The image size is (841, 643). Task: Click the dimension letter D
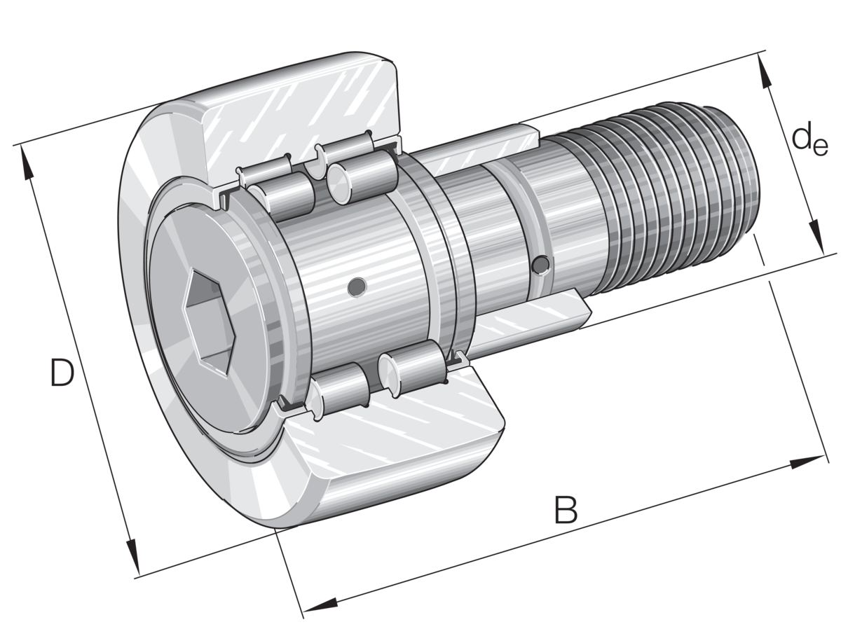[x=62, y=372]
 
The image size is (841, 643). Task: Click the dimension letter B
[x=566, y=509]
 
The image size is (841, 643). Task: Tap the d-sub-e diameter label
[x=809, y=141]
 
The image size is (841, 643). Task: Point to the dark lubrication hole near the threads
[x=540, y=265]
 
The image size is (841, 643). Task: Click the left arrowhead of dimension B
[x=320, y=607]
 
